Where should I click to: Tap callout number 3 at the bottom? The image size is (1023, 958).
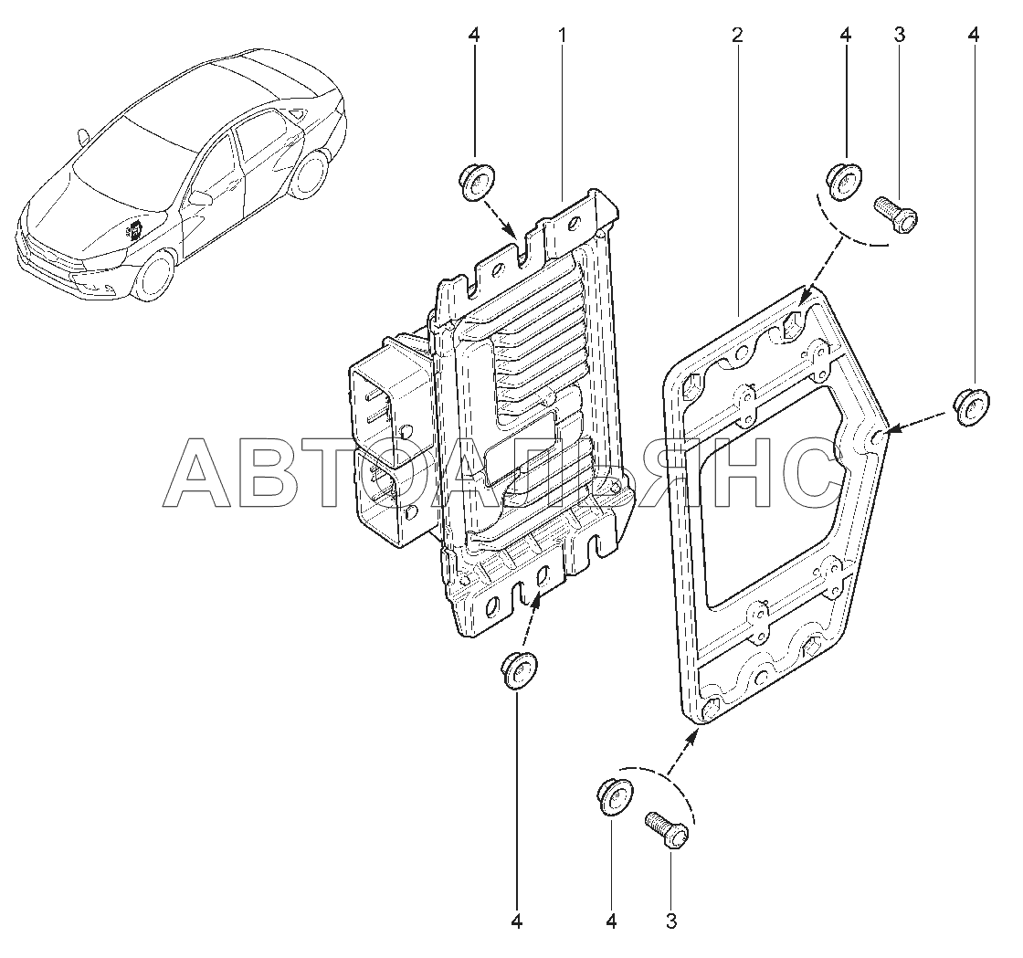tap(671, 921)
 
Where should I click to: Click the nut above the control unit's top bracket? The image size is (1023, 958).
tap(475, 182)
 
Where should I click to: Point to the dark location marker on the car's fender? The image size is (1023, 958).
tap(134, 228)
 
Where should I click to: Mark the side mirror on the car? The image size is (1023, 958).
tap(200, 197)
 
